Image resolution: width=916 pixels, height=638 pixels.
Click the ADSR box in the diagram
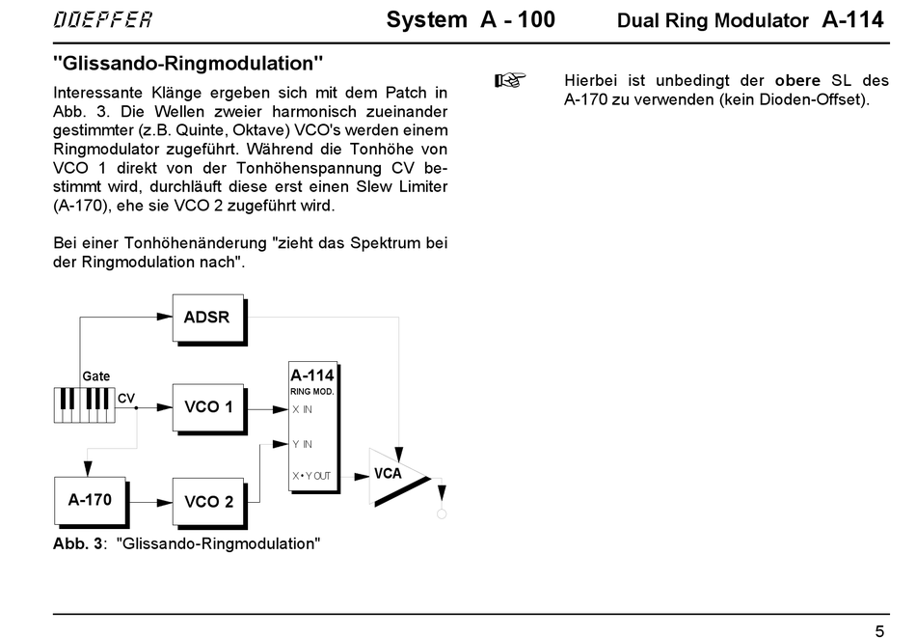[209, 319]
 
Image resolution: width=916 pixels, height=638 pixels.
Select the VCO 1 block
[209, 408]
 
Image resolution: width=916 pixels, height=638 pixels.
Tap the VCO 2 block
[209, 503]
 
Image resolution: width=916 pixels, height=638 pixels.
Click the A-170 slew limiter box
[92, 502]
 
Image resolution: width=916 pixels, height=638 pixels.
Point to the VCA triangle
[397, 477]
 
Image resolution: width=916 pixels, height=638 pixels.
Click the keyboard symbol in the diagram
[84, 404]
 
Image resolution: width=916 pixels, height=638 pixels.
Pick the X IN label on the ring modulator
[302, 409]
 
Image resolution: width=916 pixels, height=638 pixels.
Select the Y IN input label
[302, 444]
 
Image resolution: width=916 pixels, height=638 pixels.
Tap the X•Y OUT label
[311, 476]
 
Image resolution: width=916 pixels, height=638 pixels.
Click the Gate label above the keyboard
[95, 376]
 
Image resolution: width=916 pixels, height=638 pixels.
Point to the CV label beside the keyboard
[126, 399]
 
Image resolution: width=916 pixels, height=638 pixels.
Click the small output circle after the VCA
[442, 514]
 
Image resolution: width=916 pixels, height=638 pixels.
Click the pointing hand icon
[510, 80]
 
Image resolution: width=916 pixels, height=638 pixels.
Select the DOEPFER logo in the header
[103, 19]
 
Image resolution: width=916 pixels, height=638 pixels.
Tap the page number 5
[879, 631]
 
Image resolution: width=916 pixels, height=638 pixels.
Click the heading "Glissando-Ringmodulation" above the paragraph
[187, 63]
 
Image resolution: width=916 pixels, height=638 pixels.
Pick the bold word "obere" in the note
[797, 80]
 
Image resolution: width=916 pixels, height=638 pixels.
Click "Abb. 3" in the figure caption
[78, 543]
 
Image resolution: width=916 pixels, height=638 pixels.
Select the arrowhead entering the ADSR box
[165, 317]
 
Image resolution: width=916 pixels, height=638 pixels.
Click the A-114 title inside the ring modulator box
[312, 375]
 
